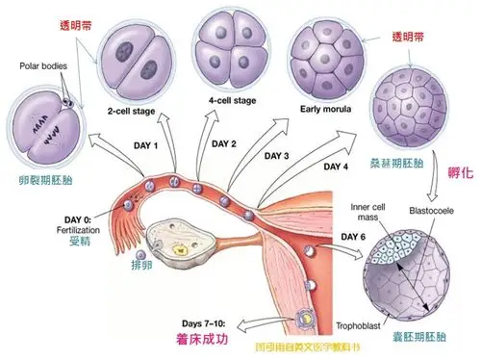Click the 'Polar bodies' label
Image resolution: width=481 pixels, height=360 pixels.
click(x=43, y=66)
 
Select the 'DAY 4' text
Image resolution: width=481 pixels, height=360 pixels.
click(x=336, y=166)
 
